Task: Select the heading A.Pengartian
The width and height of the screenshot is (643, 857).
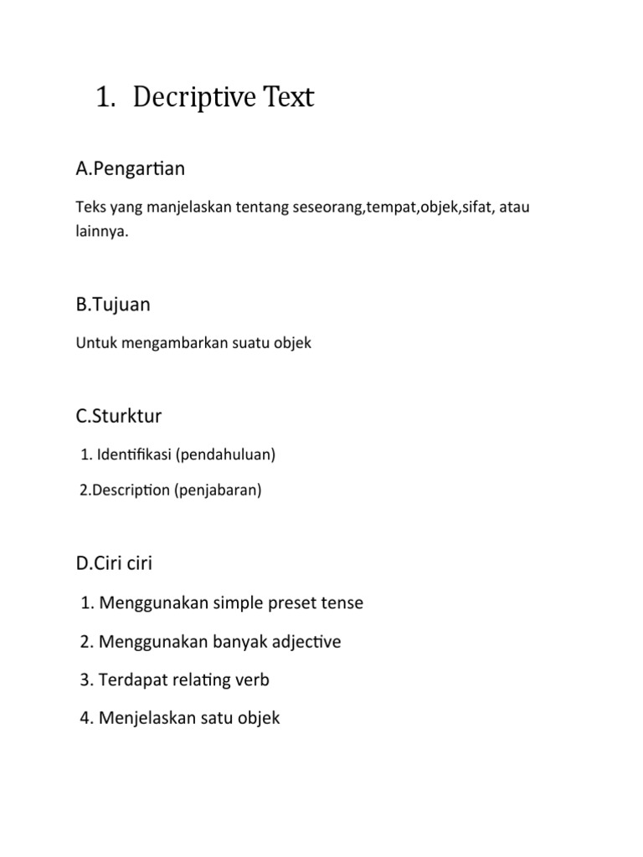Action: click(130, 169)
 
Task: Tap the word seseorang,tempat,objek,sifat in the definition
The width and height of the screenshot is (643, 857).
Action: click(392, 206)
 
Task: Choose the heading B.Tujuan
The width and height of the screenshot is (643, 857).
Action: click(113, 305)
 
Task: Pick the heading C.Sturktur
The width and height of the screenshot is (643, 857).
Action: click(118, 416)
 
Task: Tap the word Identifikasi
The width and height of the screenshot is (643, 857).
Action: click(134, 455)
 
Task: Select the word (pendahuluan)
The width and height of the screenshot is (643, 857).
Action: click(225, 455)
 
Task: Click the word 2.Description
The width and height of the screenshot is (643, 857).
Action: click(125, 490)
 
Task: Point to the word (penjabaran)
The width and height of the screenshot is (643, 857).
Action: click(218, 490)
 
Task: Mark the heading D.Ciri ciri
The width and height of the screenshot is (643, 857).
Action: click(114, 564)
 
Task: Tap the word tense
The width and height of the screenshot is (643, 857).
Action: click(343, 603)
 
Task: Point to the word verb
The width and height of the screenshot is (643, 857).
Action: click(253, 680)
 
